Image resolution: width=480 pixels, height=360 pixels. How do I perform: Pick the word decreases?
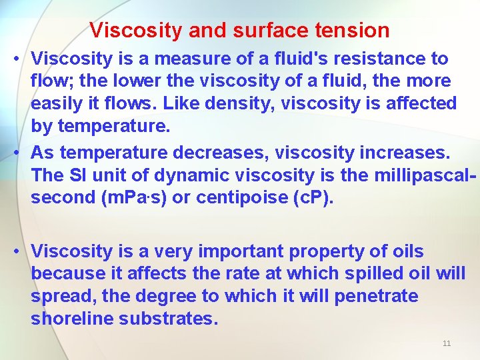(215, 153)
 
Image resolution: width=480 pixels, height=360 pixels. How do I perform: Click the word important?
(235, 251)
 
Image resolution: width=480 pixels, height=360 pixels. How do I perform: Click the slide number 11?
(447, 343)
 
